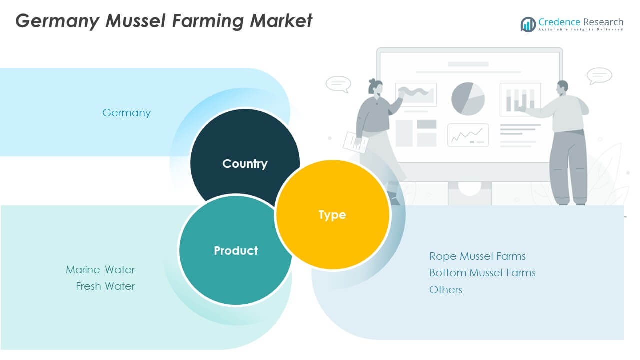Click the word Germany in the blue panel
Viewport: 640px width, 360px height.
click(126, 113)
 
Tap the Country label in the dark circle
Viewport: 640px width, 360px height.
click(245, 164)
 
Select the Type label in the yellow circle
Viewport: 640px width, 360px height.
click(332, 215)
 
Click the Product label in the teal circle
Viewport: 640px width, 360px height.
click(236, 251)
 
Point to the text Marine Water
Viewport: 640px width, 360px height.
click(100, 270)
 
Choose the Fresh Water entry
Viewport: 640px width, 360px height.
click(105, 286)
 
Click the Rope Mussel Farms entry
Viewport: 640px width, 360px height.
click(477, 256)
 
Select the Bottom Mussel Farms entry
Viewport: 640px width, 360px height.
click(482, 273)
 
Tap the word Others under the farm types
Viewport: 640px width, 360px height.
click(446, 290)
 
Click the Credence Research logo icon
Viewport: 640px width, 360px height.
click(528, 24)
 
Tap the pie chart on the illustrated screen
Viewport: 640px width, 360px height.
click(468, 99)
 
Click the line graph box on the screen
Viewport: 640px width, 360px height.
click(468, 135)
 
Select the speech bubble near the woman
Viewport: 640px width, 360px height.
click(338, 84)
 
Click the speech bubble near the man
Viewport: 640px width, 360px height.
click(599, 75)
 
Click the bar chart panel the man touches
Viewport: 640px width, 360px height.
click(520, 99)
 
